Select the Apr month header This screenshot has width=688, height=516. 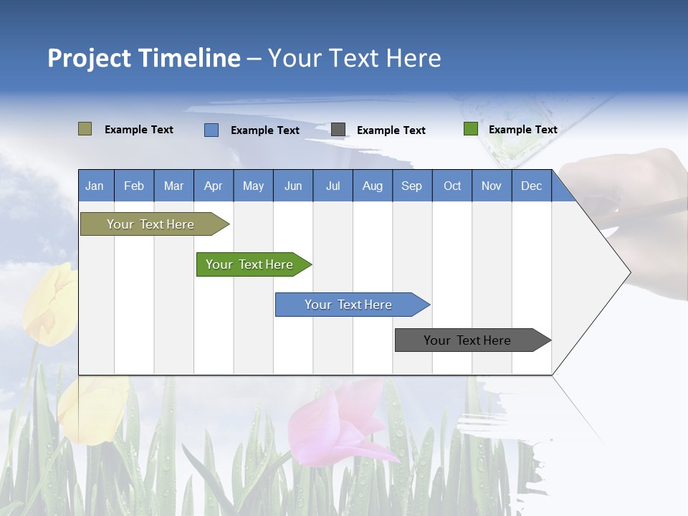214,186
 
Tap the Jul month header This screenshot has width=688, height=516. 333,186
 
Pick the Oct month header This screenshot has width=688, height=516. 452,186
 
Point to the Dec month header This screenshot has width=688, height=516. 532,186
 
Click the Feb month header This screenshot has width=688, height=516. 134,186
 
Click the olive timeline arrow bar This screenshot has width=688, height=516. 155,224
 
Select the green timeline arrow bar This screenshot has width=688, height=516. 254,264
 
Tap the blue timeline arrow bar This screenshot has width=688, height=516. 353,305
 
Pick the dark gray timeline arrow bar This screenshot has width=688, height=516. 473,340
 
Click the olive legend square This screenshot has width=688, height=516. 85,128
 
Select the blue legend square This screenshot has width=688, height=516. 211,130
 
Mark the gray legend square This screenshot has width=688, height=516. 338,130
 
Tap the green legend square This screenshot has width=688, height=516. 471,128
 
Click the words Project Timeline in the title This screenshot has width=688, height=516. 144,58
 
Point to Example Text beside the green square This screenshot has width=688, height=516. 523,130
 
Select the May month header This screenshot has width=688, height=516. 254,186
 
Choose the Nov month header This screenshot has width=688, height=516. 492,186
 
